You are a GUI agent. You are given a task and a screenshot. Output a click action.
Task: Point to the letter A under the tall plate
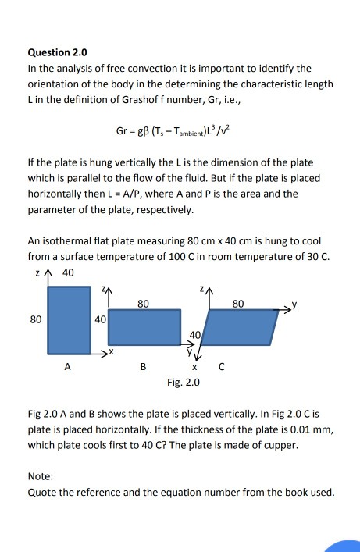[68, 366]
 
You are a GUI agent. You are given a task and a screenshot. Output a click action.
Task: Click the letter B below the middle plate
[143, 366]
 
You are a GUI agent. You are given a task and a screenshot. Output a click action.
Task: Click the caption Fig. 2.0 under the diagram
[184, 383]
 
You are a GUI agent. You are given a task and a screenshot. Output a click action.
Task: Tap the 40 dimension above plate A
[68, 273]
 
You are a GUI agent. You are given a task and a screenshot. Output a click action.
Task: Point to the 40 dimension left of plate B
[100, 319]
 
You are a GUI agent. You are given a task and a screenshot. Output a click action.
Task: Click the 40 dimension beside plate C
[196, 335]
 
